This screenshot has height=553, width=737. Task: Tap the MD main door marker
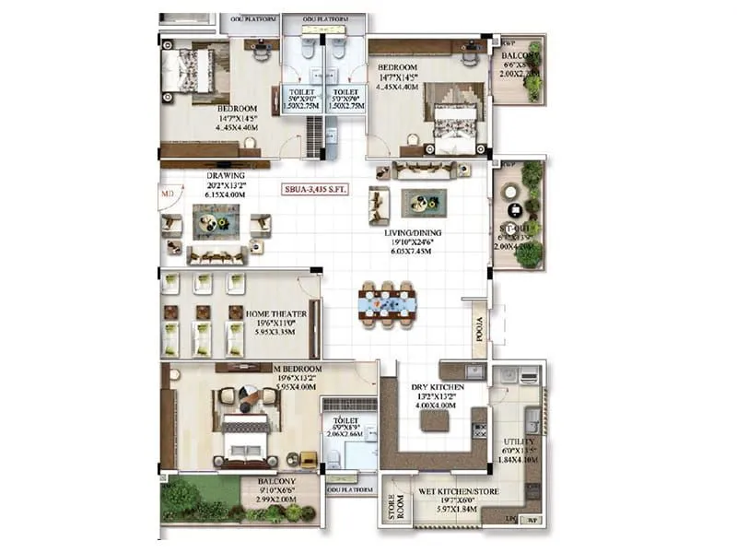pyautogui.click(x=167, y=194)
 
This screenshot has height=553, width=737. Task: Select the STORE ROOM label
pyautogui.click(x=390, y=512)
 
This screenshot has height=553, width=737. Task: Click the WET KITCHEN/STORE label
pyautogui.click(x=459, y=491)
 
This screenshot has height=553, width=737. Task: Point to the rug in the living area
pyautogui.click(x=424, y=202)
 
